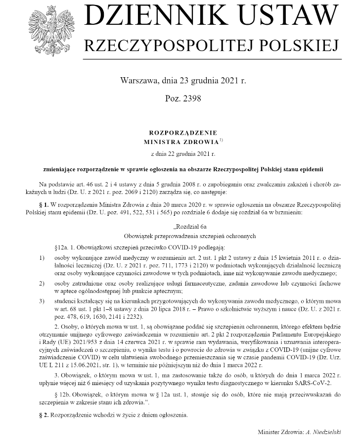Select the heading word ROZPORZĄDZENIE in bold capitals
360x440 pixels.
pyautogui.click(x=183, y=133)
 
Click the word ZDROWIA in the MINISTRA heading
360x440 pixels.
pyautogui.click(x=199, y=142)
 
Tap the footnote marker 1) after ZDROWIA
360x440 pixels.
pyautogui.click(x=222, y=140)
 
